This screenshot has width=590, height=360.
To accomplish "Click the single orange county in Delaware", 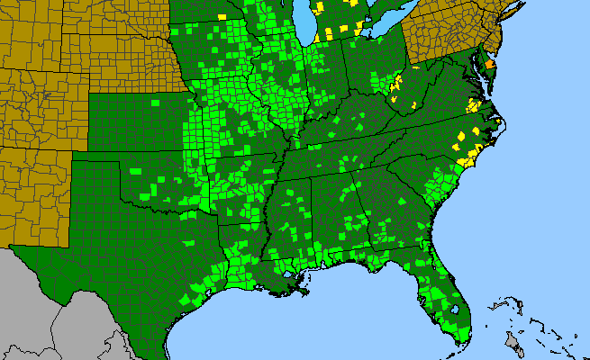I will pyautogui.click(x=490, y=65).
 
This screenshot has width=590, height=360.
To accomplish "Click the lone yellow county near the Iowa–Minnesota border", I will pyautogui.click(x=222, y=16).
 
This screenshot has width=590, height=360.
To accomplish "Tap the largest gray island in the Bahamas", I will pyautogui.click(x=514, y=341).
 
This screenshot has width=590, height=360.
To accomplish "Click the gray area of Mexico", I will pyautogui.click(x=54, y=306).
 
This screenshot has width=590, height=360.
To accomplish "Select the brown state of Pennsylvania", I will pyautogui.click(x=446, y=45).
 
